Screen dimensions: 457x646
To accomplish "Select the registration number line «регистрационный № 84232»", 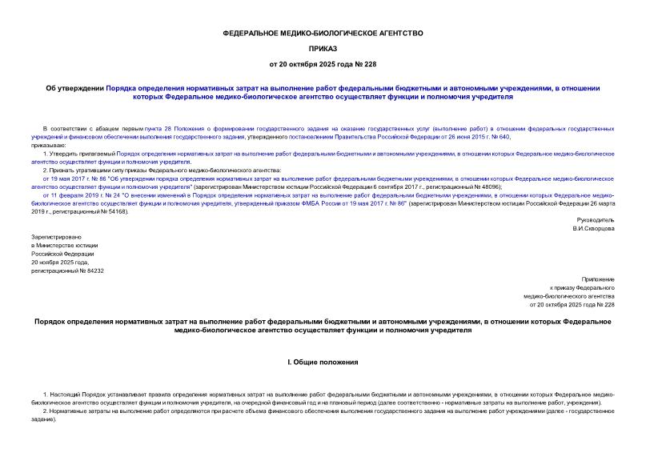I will [67, 271].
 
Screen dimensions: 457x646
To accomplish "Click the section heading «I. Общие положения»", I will [322, 363].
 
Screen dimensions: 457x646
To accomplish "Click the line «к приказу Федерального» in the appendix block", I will [582, 287].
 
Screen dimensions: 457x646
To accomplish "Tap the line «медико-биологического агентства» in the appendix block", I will [572, 296].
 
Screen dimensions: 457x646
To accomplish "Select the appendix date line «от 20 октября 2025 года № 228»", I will [571, 306].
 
